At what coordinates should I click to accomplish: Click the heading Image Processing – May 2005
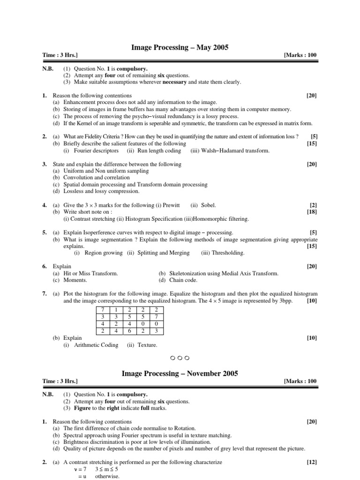[180, 47]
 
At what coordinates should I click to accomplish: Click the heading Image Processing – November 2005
[180, 374]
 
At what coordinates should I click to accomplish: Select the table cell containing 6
[129, 331]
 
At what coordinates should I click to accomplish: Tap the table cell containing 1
[115, 310]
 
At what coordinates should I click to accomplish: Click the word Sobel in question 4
[209, 205]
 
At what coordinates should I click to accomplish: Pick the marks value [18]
[312, 212]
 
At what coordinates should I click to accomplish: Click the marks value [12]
[312, 462]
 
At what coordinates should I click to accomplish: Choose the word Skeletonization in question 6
[187, 273]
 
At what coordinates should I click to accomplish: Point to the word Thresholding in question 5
[228, 253]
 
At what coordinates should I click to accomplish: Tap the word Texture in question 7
[148, 345]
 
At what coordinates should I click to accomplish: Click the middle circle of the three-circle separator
[180, 358]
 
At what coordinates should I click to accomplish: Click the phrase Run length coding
[159, 151]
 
